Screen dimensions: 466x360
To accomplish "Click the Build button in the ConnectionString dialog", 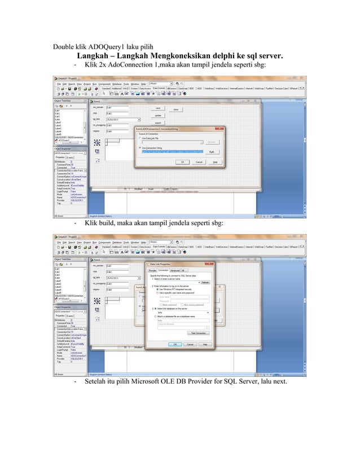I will [x=212, y=151].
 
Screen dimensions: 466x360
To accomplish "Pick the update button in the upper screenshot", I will [x=158, y=115].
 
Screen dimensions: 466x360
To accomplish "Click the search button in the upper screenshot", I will [x=158, y=122].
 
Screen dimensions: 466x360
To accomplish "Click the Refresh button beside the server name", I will [x=205, y=282].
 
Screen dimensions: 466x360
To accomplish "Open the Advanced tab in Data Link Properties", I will [x=175, y=270].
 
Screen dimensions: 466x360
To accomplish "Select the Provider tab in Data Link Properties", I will [x=152, y=270].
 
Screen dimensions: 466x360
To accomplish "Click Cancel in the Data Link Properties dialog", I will [x=190, y=344].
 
